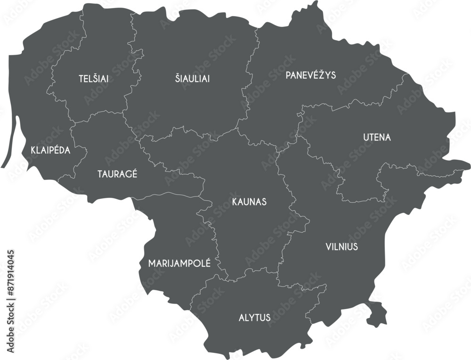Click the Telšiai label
coord(93,79)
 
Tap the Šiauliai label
coord(192,79)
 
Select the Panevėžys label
coord(310,75)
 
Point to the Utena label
coord(377,138)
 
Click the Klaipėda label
coord(50,150)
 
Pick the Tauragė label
coord(117,174)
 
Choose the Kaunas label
coord(249,202)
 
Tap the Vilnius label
coord(341,246)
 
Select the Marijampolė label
coord(179,263)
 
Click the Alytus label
coord(254,318)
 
